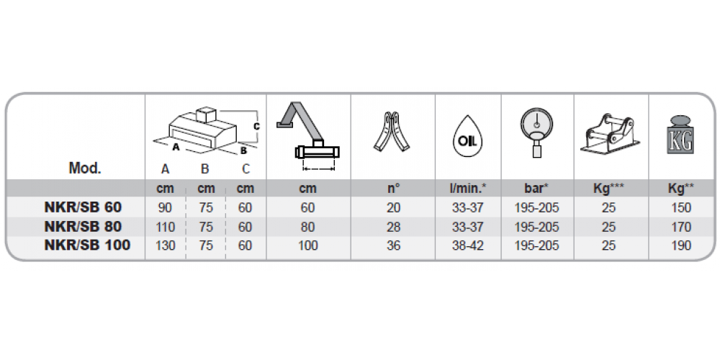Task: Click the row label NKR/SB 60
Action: click(83, 207)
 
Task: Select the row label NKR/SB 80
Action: click(83, 227)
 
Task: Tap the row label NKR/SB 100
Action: click(87, 246)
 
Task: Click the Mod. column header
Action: click(85, 168)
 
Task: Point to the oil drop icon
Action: click(467, 138)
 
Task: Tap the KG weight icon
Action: click(680, 135)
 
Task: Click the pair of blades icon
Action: click(392, 131)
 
